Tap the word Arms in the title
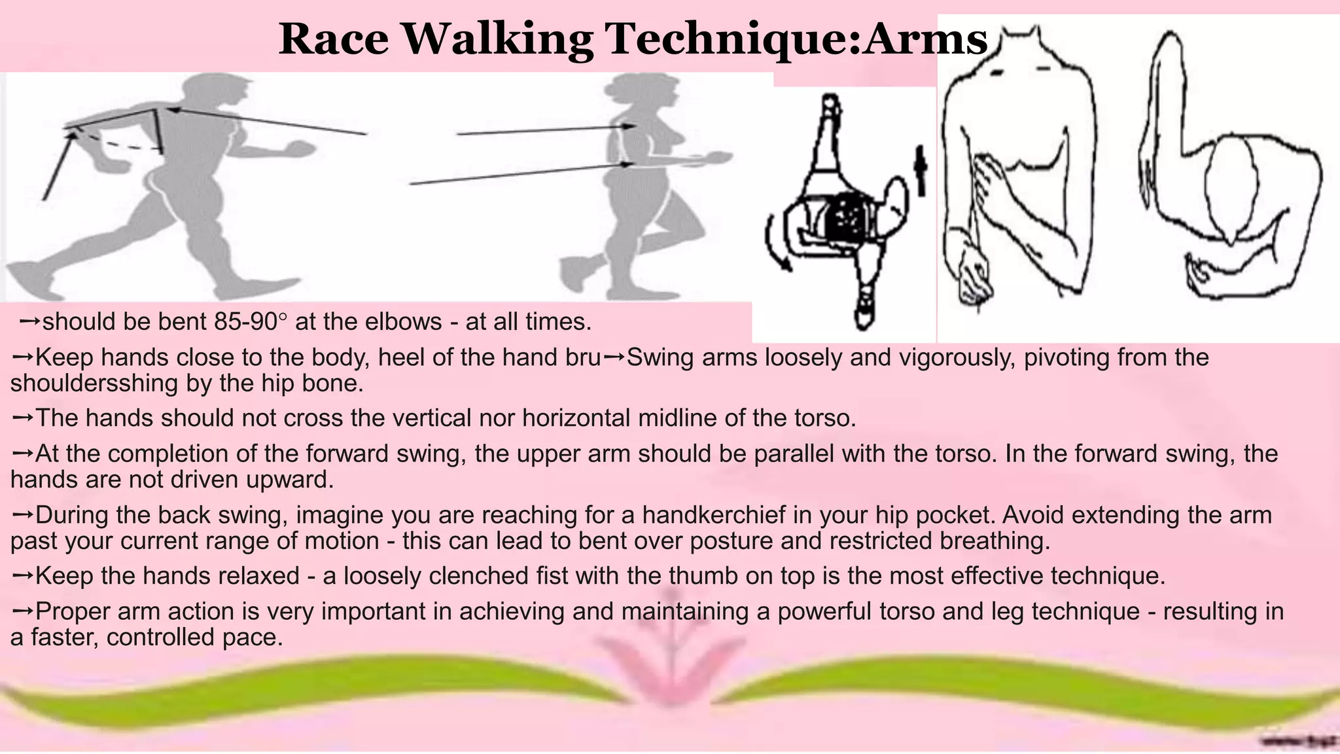(x=924, y=39)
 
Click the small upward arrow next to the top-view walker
(x=921, y=170)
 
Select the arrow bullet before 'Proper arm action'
(x=22, y=611)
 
